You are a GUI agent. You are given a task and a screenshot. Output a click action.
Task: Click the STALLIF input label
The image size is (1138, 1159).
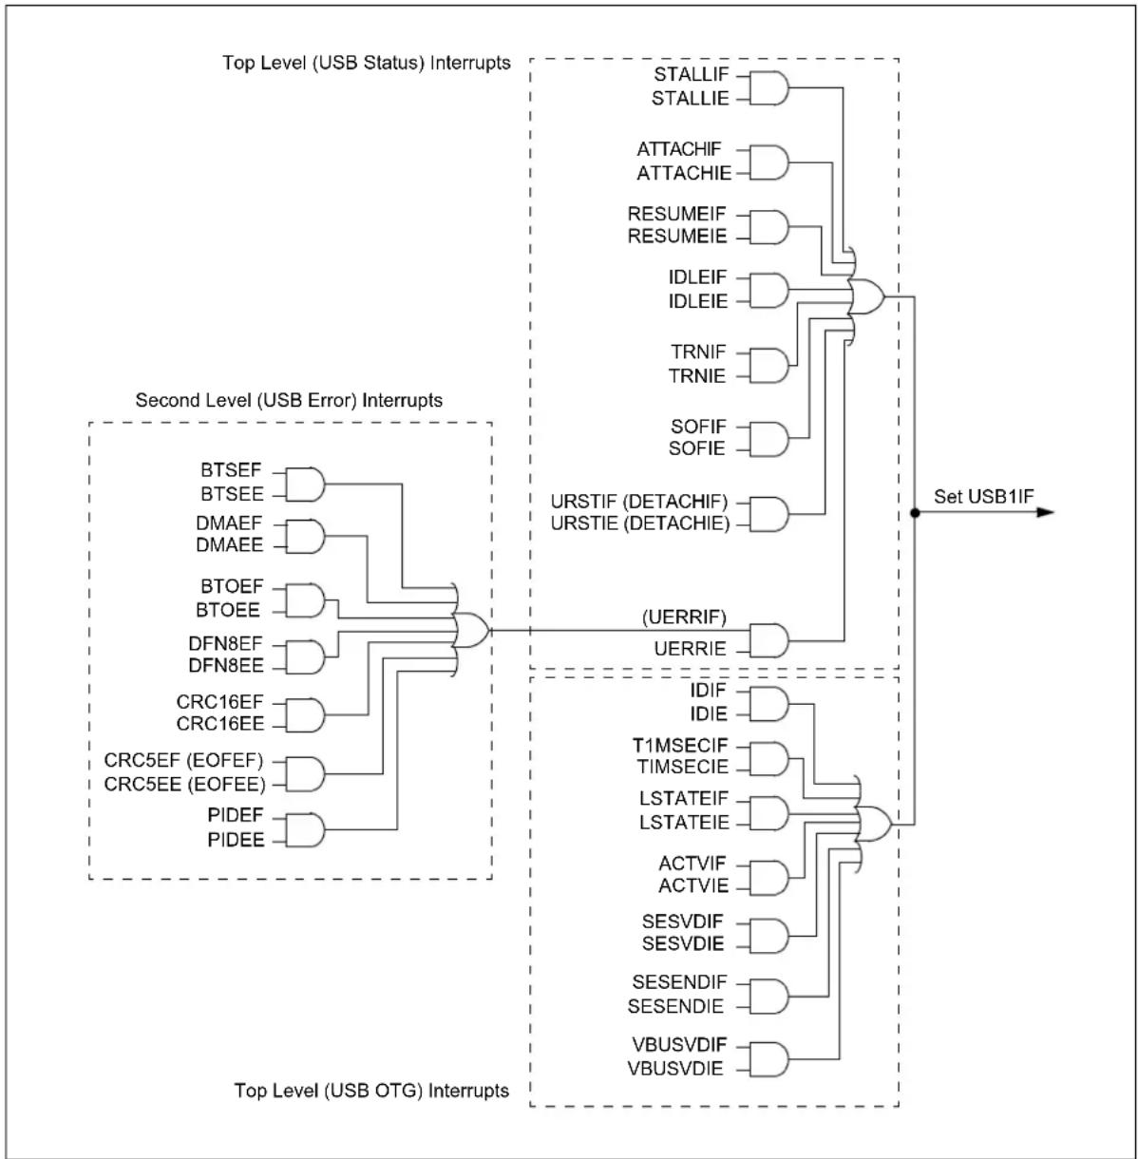pyautogui.click(x=691, y=75)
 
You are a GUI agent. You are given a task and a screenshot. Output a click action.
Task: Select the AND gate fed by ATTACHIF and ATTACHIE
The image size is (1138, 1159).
pyautogui.click(x=768, y=162)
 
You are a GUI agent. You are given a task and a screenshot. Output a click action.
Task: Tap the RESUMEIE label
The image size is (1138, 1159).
pyautogui.click(x=676, y=237)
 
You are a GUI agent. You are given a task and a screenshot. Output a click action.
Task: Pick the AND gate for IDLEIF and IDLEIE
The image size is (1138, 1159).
pyautogui.click(x=768, y=291)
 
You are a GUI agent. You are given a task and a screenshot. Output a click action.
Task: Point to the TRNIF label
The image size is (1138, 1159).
pyautogui.click(x=698, y=351)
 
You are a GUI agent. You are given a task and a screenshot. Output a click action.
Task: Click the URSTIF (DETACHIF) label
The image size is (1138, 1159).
pyautogui.click(x=638, y=502)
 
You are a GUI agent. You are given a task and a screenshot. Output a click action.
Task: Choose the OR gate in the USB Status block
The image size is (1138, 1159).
pyautogui.click(x=866, y=296)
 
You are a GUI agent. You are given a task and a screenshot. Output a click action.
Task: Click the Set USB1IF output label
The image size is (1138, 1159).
pyautogui.click(x=983, y=496)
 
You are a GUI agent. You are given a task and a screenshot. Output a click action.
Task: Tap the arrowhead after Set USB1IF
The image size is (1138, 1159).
pyautogui.click(x=1045, y=512)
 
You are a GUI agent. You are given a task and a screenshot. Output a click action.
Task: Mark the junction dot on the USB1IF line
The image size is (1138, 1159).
pyautogui.click(x=915, y=512)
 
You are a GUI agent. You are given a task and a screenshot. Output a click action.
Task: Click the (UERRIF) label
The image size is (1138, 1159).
pyautogui.click(x=684, y=617)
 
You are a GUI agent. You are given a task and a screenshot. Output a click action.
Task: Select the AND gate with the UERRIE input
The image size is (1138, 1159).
pyautogui.click(x=768, y=640)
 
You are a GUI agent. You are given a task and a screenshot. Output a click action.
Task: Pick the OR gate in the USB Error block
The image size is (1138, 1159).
pyautogui.click(x=470, y=630)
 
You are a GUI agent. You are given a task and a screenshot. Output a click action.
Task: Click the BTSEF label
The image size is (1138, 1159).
pyautogui.click(x=231, y=469)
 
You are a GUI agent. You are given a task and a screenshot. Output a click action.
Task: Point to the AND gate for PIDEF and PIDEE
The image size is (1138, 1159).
pyautogui.click(x=305, y=830)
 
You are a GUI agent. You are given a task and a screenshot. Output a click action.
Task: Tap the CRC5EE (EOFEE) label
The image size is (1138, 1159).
pyautogui.click(x=184, y=785)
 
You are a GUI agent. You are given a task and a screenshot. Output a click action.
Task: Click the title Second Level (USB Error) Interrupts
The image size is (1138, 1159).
pyautogui.click(x=289, y=400)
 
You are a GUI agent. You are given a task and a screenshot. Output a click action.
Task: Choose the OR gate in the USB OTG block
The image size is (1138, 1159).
pyautogui.click(x=873, y=824)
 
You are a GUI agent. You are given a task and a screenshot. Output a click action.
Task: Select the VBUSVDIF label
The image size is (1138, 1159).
pyautogui.click(x=679, y=1044)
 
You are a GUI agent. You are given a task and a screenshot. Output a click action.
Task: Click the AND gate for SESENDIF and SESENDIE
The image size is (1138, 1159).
pyautogui.click(x=768, y=997)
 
